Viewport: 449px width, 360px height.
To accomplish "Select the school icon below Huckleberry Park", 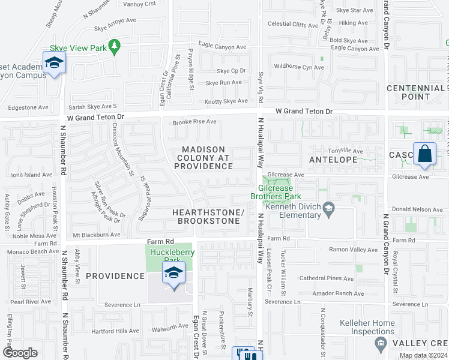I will click(173, 273).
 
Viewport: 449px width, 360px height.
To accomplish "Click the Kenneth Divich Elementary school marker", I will click(328, 209).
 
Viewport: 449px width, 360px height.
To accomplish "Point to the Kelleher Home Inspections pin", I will click(379, 343).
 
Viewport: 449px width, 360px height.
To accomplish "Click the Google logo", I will click(20, 353).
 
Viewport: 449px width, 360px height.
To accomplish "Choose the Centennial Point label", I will click(416, 92).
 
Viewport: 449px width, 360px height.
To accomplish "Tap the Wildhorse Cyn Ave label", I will click(298, 67).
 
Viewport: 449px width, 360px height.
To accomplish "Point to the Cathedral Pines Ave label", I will click(327, 278).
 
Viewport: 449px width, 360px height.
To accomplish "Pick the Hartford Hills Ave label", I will click(115, 331).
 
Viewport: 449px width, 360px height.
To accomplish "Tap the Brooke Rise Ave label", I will click(194, 122).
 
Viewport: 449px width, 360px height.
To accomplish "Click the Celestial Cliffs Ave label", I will click(292, 25).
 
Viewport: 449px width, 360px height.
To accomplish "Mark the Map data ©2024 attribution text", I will click(423, 355).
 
